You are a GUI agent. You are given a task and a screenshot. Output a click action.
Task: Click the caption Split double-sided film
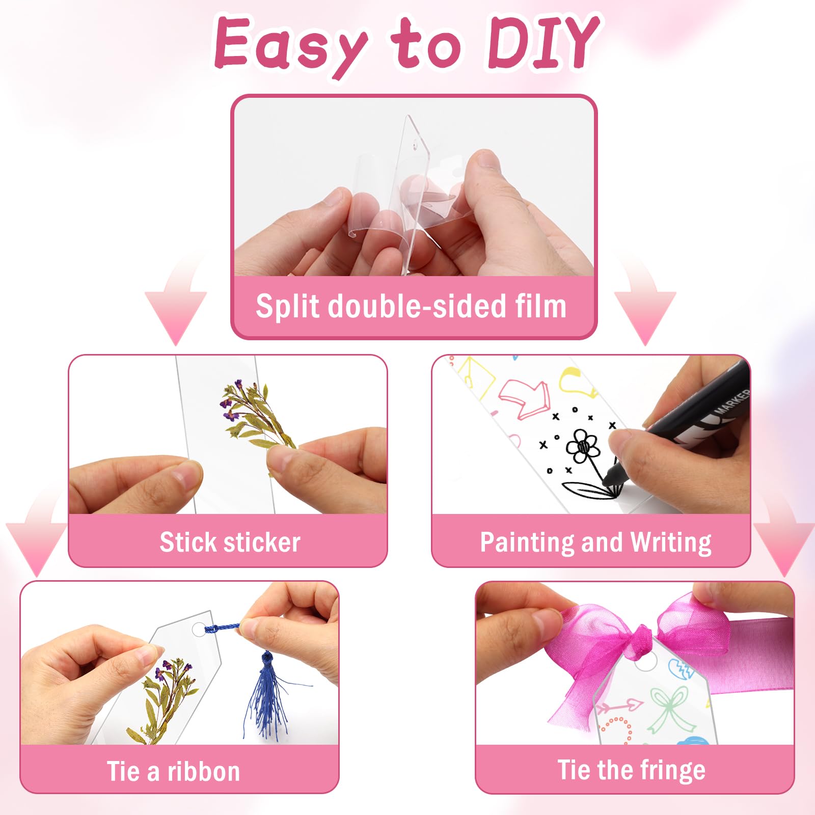[411, 306]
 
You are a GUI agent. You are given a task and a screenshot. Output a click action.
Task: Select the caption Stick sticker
[230, 542]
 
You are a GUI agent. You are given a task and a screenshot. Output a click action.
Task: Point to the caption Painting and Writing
[595, 543]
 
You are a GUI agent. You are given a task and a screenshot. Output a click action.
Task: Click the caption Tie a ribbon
[173, 771]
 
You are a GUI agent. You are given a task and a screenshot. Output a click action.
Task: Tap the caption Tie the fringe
[632, 770]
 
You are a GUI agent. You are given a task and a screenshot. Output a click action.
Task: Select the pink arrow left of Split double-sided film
[176, 301]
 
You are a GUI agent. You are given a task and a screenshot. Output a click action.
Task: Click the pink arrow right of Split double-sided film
[645, 301]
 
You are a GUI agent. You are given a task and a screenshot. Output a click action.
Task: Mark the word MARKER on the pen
[732, 401]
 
